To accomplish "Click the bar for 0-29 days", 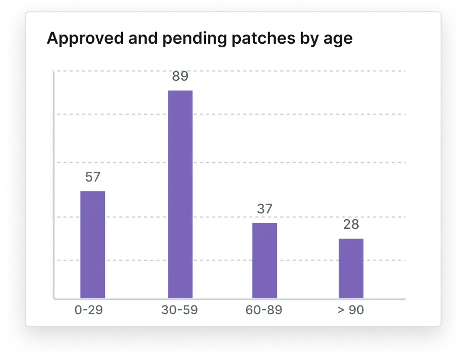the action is tap(93, 245).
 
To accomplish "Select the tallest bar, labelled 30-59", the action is tap(180, 194).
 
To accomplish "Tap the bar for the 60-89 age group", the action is tap(265, 261).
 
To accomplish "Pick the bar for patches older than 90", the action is tap(351, 268).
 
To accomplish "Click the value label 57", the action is tap(93, 177).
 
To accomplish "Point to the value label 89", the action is tap(180, 76).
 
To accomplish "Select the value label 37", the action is tap(265, 209).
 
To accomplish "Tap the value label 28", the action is tap(351, 224).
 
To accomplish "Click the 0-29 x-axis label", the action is tap(89, 310).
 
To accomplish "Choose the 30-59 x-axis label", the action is tap(180, 310).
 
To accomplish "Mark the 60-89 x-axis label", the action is tap(264, 310).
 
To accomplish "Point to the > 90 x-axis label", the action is tap(350, 310).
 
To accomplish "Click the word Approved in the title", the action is tap(85, 39).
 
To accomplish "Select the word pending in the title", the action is tap(194, 39).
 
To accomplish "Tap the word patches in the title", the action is tap(264, 38).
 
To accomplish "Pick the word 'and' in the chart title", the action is tap(143, 38).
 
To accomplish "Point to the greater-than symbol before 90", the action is tap(341, 310).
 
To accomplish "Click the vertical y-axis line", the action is tap(54, 185).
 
